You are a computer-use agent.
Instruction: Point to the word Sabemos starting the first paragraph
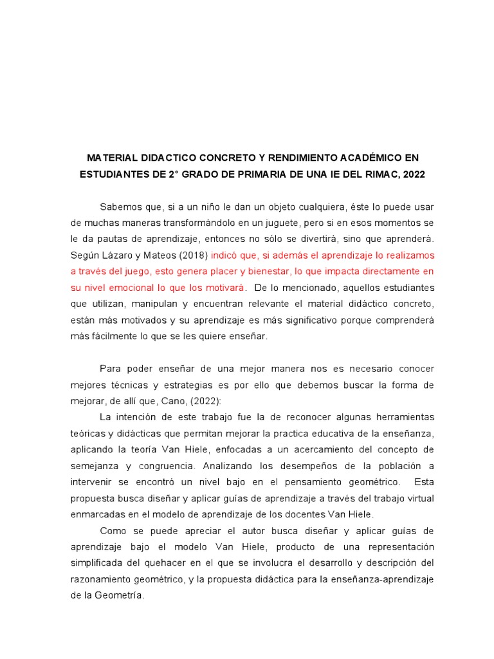tap(122, 207)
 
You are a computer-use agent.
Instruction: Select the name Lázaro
tap(117, 255)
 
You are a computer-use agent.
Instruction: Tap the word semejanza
tap(94, 465)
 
